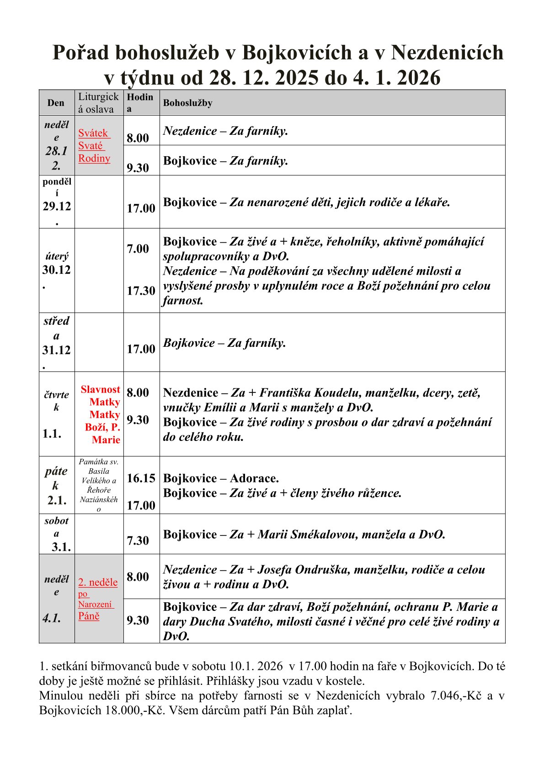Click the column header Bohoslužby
pos(187,103)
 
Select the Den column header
pos(56,103)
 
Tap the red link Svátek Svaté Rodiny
pos(94,146)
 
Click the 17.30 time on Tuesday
pos(141,291)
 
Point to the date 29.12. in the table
pos(57,207)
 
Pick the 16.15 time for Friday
pos(141,478)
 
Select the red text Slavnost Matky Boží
pos(101,414)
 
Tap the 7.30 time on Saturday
pos(138,541)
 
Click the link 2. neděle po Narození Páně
pos(97,599)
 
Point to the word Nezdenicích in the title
pos(447,53)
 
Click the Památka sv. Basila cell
pos(99,485)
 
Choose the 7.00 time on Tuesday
pos(138,249)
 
